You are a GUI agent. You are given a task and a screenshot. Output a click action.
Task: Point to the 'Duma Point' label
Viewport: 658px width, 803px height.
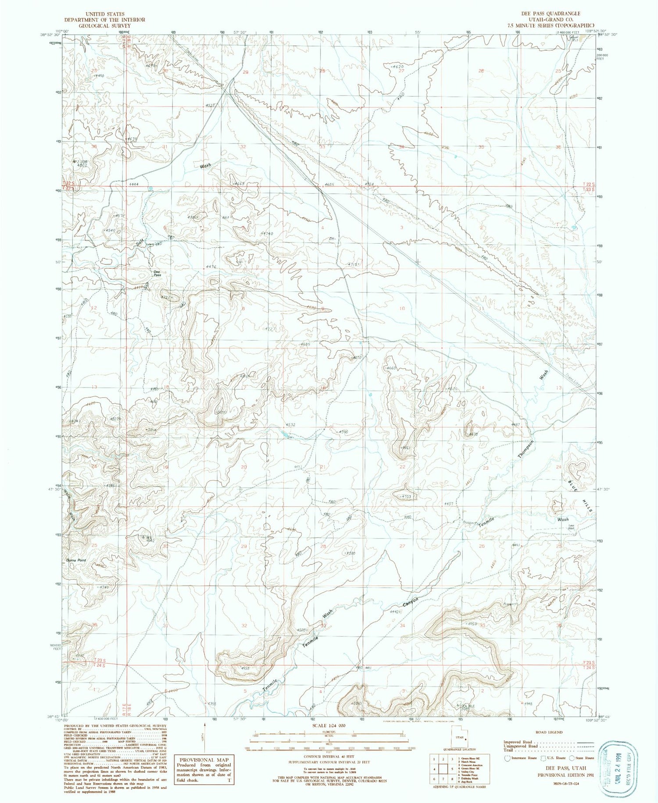tap(76, 561)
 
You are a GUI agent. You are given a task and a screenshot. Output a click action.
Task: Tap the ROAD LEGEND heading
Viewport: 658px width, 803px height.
tap(549, 732)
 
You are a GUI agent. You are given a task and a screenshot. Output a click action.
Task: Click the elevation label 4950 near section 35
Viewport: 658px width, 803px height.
tap(471, 624)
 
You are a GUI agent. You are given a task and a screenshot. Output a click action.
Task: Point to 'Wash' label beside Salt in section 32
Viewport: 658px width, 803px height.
tap(205, 166)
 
